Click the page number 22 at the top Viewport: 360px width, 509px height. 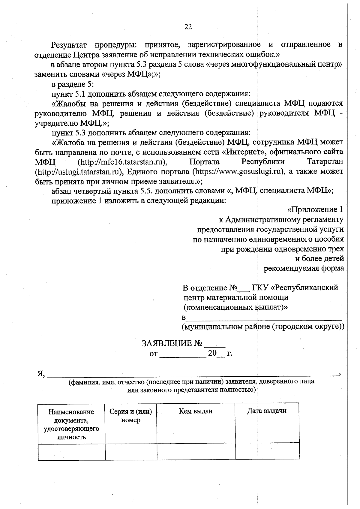pos(188,27)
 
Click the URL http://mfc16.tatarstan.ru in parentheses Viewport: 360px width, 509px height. pos(122,162)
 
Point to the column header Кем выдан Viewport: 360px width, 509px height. pos(196,411)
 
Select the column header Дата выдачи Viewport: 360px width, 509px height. pos(267,411)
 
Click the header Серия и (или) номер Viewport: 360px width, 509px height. pos(131,416)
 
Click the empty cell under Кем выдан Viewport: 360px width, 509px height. pos(196,451)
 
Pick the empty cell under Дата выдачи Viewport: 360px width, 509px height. pos(267,451)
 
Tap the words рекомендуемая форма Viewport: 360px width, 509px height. pos(304,268)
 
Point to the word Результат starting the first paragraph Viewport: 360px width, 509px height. pos(69,45)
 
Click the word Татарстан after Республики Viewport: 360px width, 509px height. pos(325,162)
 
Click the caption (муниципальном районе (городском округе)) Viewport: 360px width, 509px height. pos(263,327)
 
